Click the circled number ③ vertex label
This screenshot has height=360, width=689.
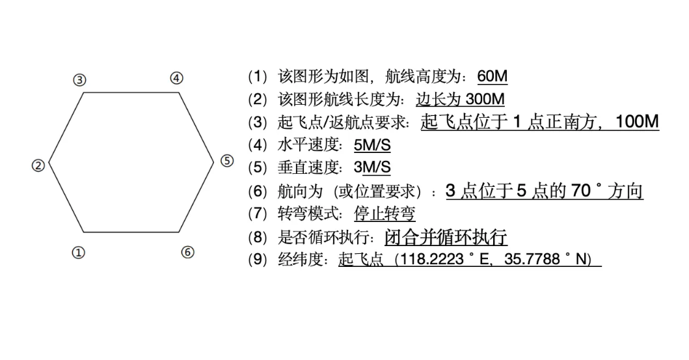pyautogui.click(x=79, y=80)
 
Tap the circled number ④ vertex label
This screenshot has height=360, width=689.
pyautogui.click(x=176, y=78)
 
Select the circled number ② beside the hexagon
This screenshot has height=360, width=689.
pyautogui.click(x=38, y=165)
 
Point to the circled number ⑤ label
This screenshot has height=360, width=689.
pyautogui.click(x=226, y=161)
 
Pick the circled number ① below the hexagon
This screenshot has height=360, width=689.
pyautogui.click(x=78, y=253)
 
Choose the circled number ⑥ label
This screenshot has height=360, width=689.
pyautogui.click(x=187, y=252)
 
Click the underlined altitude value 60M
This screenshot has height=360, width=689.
pyautogui.click(x=492, y=76)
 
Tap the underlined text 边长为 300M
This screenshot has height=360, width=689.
pyautogui.click(x=460, y=99)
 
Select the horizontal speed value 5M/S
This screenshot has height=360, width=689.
pyautogui.click(x=372, y=145)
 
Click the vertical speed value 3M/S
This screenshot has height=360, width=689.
pyautogui.click(x=372, y=167)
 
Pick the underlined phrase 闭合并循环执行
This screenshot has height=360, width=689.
pyautogui.click(x=446, y=236)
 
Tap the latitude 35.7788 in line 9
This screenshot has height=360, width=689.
pyautogui.click(x=532, y=259)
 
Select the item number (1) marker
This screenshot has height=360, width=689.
pyautogui.click(x=258, y=76)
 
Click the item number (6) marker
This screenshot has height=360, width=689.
pyautogui.click(x=258, y=191)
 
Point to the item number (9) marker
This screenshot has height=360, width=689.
pyautogui.click(x=258, y=259)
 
